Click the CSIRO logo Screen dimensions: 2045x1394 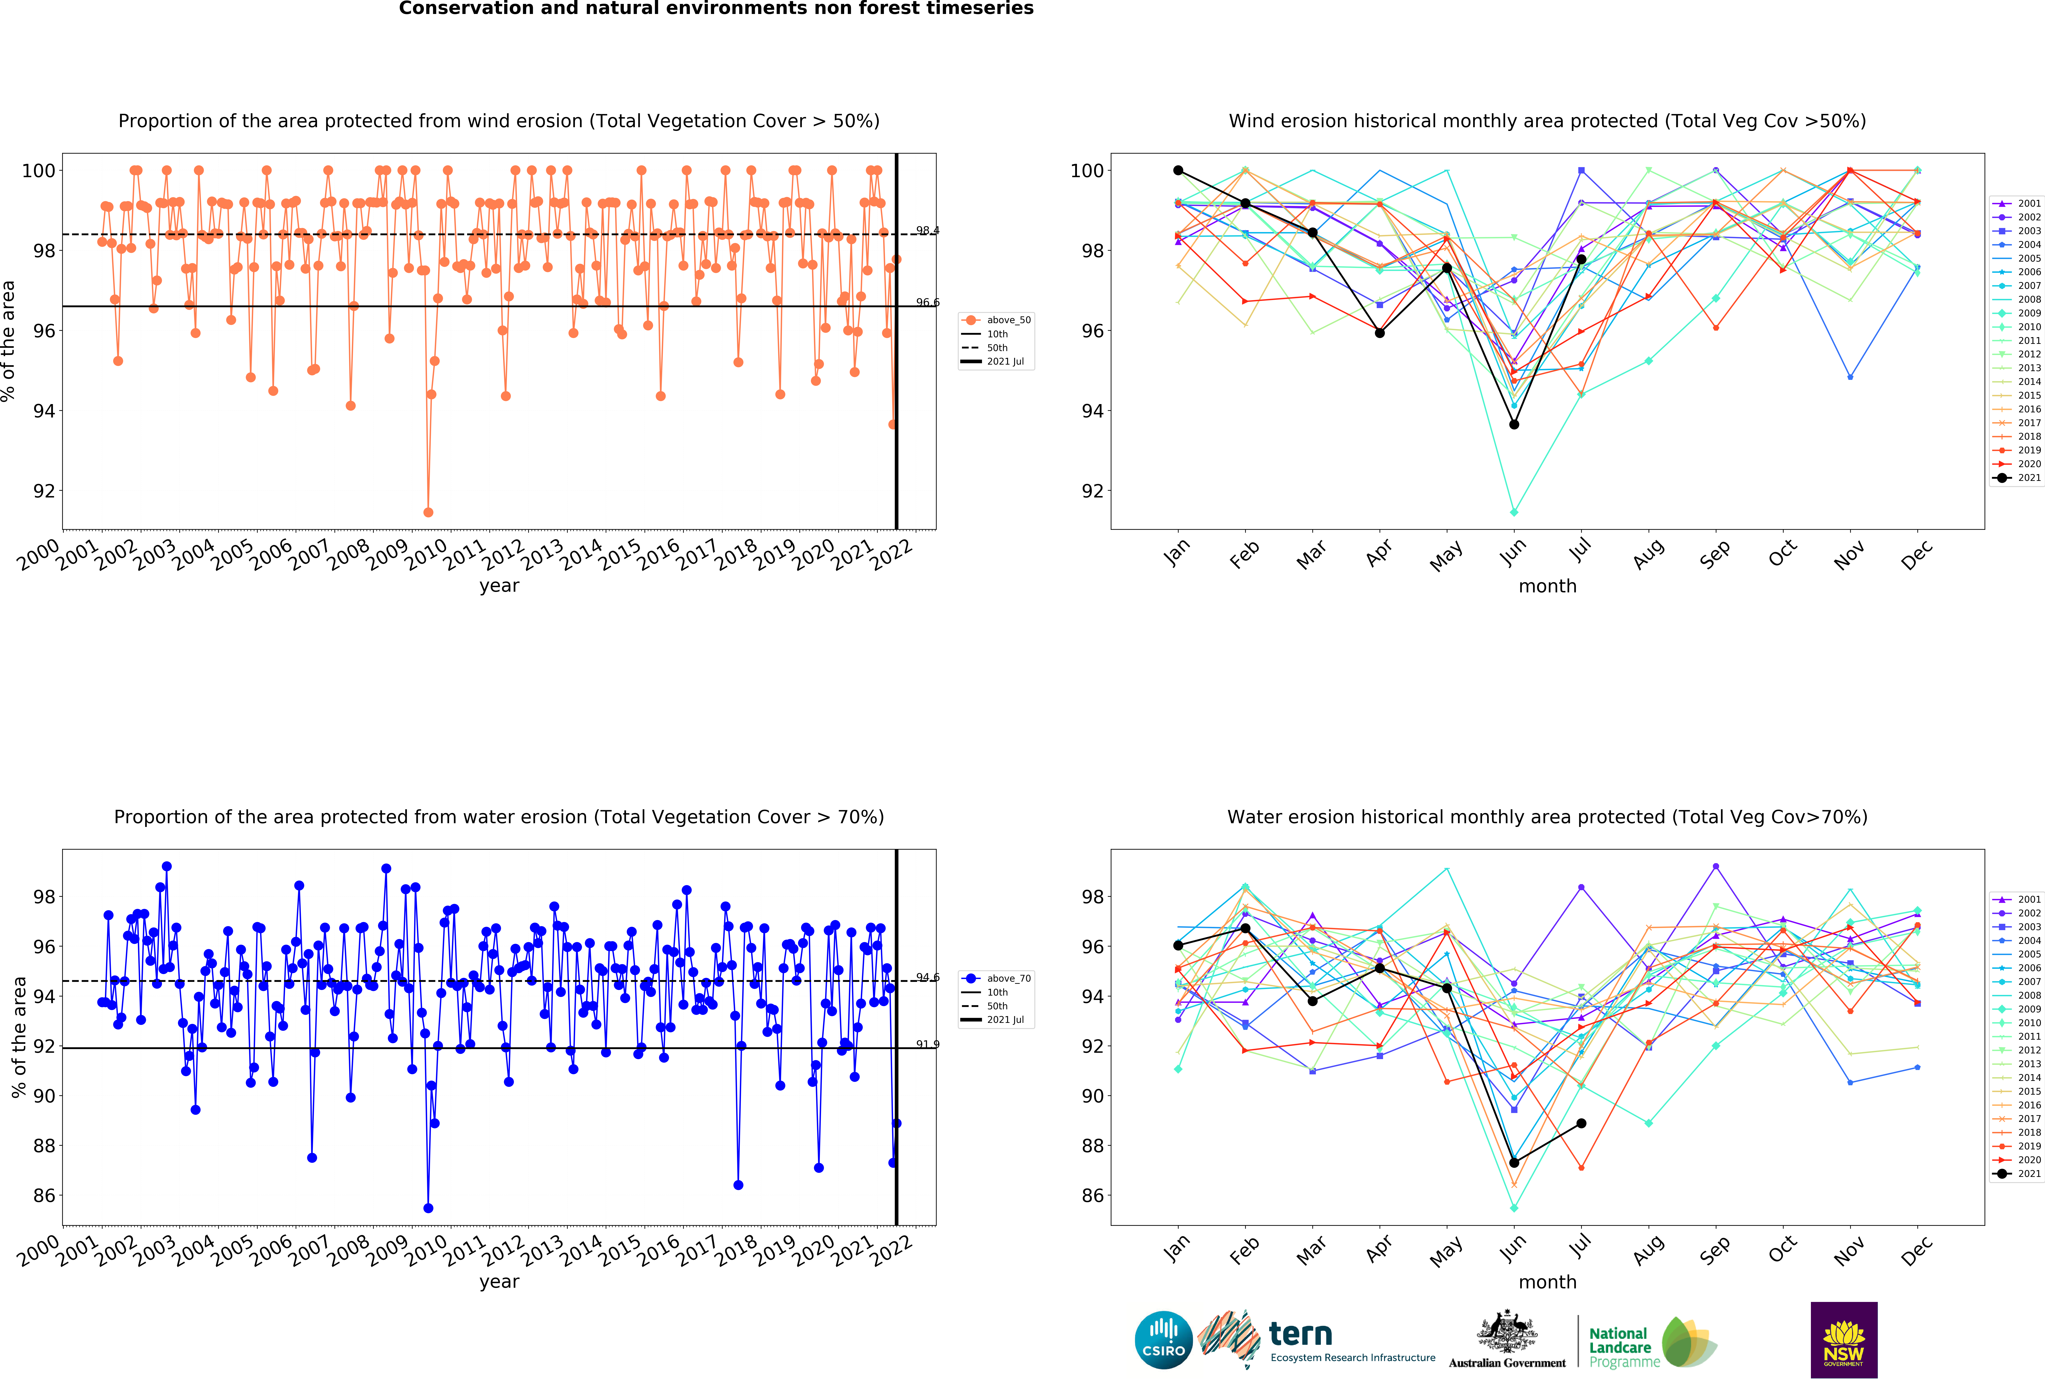pos(1163,1340)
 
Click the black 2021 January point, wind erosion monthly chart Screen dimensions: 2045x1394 pos(1178,170)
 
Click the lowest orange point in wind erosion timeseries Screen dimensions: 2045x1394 pos(428,512)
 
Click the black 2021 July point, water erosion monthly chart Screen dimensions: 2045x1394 pos(1581,1123)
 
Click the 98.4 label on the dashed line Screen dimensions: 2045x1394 pos(927,231)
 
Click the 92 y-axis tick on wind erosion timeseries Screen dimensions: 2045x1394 pos(44,491)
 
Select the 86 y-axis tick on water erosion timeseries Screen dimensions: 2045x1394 pos(44,1195)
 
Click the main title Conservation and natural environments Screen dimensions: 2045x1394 pos(716,9)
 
